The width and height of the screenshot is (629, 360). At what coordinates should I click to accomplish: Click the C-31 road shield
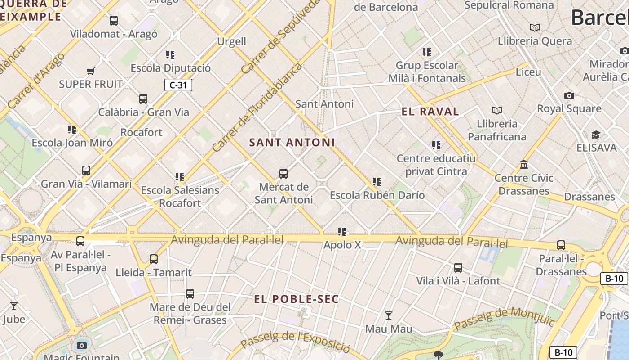pos(178,85)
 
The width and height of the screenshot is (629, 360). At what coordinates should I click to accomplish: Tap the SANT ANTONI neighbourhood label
pos(292,143)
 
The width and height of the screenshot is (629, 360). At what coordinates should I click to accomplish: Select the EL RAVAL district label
pos(430,112)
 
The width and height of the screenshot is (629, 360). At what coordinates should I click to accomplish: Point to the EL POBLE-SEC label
pos(296,299)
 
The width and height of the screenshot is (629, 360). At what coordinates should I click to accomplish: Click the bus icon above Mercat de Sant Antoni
pos(283,174)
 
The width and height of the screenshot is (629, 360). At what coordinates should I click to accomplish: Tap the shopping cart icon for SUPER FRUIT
pos(91,71)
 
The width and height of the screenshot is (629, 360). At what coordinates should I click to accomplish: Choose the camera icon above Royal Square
pos(569,95)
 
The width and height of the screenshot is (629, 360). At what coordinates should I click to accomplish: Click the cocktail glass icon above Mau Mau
pos(389,315)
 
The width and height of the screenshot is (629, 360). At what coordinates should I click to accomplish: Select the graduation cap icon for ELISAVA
pos(596,135)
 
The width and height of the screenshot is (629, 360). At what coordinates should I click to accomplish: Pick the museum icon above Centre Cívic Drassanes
pos(524,165)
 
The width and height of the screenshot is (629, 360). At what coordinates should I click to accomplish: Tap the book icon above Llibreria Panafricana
pos(497,110)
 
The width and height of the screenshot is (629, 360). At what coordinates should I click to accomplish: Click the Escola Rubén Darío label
pos(377,195)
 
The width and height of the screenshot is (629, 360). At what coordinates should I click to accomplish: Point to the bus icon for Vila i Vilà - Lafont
pos(458,268)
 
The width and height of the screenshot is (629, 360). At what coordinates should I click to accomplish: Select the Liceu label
pos(528,72)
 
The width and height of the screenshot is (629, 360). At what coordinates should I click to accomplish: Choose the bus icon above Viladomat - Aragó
pos(114,21)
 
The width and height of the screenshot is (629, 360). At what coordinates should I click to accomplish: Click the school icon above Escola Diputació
pos(170,55)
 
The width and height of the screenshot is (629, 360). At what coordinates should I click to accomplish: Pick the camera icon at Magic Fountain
pos(82,345)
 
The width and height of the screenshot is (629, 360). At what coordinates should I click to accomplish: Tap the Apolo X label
pos(342,245)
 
